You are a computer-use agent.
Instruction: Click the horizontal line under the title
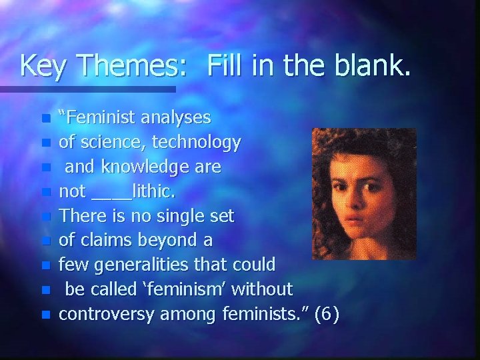(x=87, y=89)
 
